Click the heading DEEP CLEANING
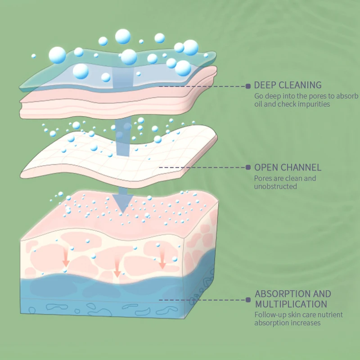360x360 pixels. [288, 85]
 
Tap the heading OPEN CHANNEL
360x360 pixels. [288, 167]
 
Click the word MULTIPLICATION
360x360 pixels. [291, 304]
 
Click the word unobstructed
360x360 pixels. [275, 186]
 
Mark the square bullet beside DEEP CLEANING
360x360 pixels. [247, 85]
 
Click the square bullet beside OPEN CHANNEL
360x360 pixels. [247, 167]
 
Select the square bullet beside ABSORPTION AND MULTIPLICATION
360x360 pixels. [247, 300]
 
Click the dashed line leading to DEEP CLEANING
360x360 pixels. [202, 85]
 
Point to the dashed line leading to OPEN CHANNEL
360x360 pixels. [202, 167]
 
